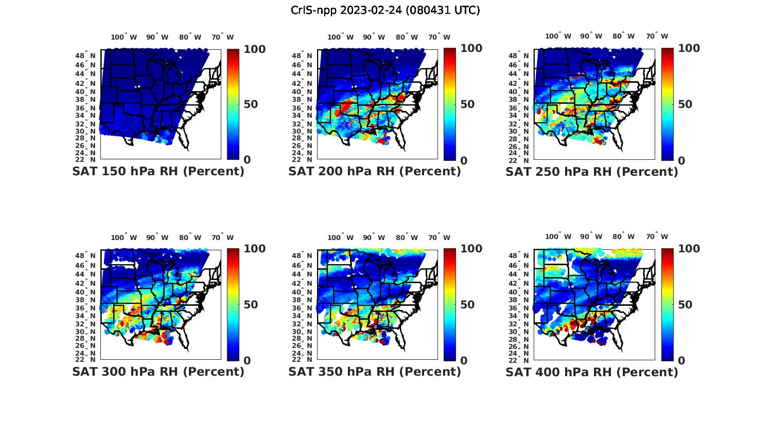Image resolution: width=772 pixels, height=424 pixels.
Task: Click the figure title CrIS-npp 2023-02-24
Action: click(x=385, y=10)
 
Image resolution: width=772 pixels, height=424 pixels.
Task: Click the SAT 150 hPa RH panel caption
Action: click(x=158, y=172)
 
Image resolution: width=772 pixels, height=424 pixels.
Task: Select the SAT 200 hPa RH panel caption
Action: click(x=375, y=172)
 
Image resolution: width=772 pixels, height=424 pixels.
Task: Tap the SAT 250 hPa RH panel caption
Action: click(x=591, y=172)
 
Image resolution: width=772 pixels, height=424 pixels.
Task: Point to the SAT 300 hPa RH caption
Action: click(x=158, y=372)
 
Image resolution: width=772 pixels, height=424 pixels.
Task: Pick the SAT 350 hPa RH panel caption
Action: click(x=375, y=372)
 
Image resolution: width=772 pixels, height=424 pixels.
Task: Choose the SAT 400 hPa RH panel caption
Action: click(x=591, y=372)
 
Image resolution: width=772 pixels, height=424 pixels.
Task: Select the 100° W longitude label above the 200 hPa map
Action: click(x=340, y=37)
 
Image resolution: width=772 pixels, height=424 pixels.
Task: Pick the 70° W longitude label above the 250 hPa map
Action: click(x=657, y=36)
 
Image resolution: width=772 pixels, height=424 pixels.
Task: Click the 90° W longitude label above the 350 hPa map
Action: click(x=374, y=237)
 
